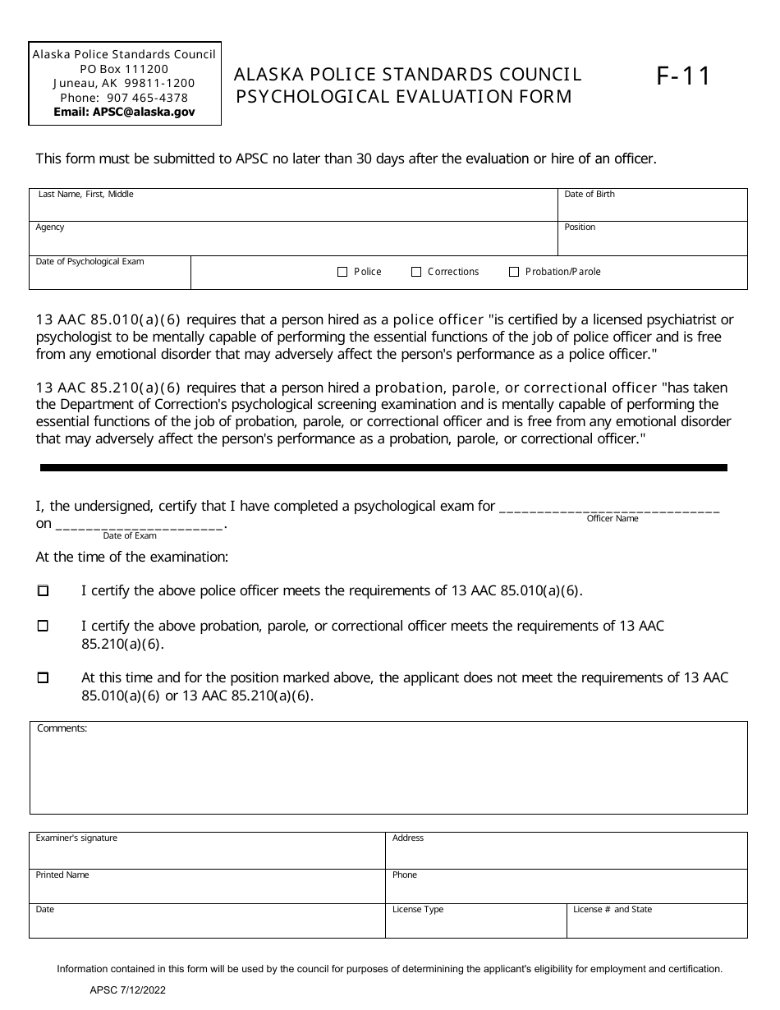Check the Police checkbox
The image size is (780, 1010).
pos(343,272)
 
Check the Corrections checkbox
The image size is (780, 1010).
pos(416,272)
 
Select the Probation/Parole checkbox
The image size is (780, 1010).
pos(514,272)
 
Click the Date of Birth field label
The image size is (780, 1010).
pos(589,195)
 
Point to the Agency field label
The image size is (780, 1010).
pos(50,227)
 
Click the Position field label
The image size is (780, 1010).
pos(580,227)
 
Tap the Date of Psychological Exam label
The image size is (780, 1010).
pos(89,262)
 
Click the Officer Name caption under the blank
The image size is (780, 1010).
pos(612,519)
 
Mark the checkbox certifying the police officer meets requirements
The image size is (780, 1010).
pos(44,590)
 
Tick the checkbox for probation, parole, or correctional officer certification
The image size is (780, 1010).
pos(44,626)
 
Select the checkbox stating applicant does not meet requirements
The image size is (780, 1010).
pos(44,678)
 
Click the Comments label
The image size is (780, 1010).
pos(62,728)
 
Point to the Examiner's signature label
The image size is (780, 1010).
pos(76,838)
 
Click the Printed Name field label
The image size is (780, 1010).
pos(62,875)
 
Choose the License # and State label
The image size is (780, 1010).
pos(612,910)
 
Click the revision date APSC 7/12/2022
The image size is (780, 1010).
pos(122,992)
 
